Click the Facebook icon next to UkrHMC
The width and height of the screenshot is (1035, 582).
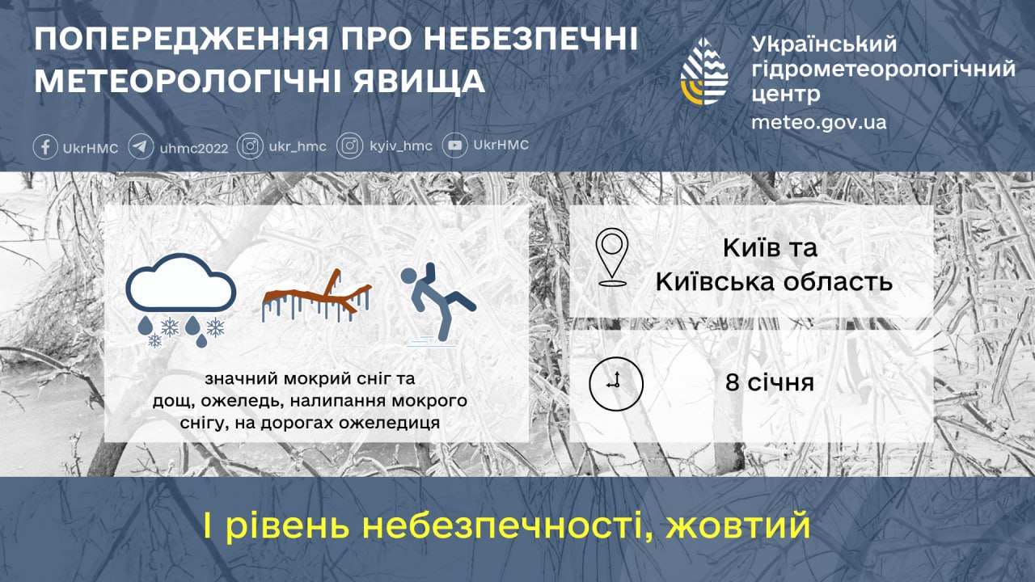click(45, 146)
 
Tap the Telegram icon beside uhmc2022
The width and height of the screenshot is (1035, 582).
click(141, 146)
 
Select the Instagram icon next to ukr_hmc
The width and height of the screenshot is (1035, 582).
click(251, 146)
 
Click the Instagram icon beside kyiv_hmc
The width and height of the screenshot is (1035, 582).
click(350, 146)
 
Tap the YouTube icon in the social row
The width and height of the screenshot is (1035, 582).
click(456, 145)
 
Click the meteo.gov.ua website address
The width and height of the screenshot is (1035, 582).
click(818, 122)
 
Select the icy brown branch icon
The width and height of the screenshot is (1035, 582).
click(317, 299)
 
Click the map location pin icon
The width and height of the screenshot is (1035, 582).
click(612, 257)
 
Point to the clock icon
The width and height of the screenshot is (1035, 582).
click(615, 382)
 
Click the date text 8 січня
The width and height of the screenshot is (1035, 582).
click(769, 382)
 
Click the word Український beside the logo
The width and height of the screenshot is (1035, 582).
click(824, 44)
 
